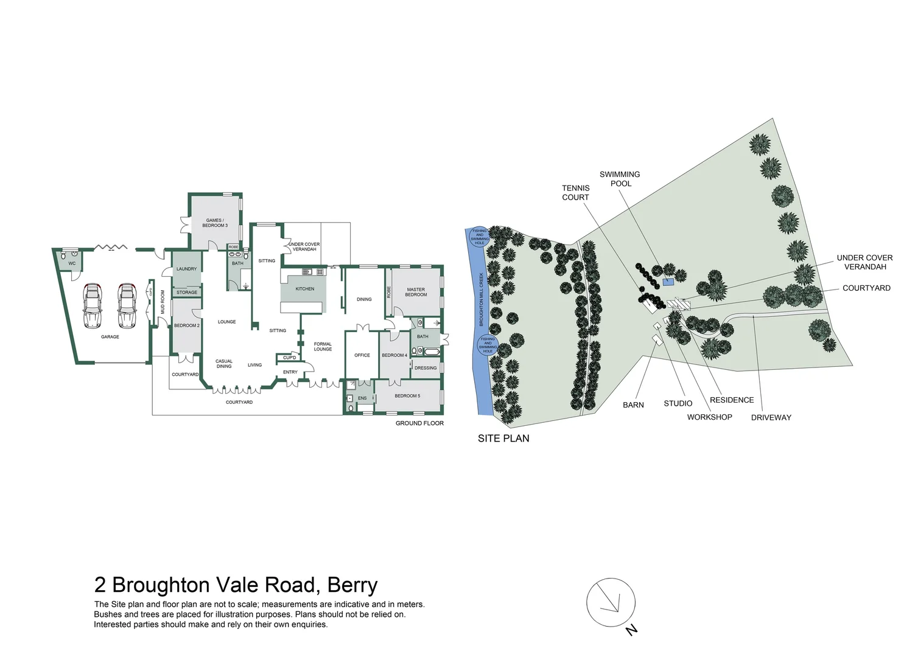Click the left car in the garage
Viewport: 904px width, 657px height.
(x=92, y=305)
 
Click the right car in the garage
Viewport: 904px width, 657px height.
(x=127, y=305)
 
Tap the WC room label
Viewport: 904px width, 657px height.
(x=72, y=263)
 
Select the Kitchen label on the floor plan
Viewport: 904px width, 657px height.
(x=305, y=289)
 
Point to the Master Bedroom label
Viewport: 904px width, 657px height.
(x=416, y=292)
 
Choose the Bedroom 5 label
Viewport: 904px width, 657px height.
(x=407, y=396)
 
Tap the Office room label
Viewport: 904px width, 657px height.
(x=362, y=355)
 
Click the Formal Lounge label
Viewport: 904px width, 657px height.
(x=323, y=347)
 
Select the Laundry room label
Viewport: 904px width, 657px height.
(x=186, y=269)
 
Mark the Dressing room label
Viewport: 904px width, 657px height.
(x=426, y=368)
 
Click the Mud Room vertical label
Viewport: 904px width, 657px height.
(x=163, y=302)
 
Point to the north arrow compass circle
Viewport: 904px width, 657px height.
(x=611, y=602)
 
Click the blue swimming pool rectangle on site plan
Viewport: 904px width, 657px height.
(x=669, y=282)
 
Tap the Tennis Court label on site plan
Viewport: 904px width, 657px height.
(x=575, y=193)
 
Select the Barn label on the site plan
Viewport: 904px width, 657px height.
(x=633, y=405)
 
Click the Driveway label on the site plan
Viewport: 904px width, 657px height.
(x=771, y=417)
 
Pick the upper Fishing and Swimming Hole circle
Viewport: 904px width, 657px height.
(x=480, y=237)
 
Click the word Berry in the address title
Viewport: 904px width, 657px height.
(x=352, y=585)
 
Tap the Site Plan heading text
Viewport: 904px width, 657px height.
(x=503, y=438)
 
